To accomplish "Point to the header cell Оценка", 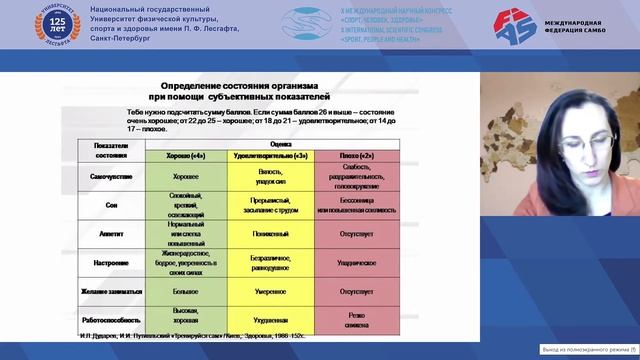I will coord(283,144).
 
